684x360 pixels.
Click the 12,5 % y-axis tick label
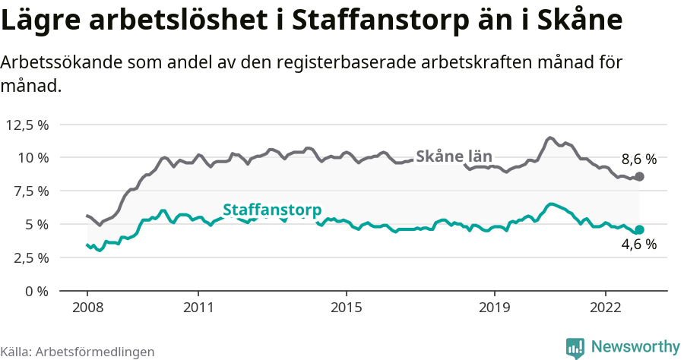(x=27, y=125)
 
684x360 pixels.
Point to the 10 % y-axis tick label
(x=32, y=158)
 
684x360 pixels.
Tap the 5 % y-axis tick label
(x=36, y=225)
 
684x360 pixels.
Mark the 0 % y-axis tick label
(x=36, y=291)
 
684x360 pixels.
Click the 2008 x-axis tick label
(x=87, y=309)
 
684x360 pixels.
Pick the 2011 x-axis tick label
(x=198, y=309)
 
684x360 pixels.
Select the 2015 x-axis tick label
(x=346, y=309)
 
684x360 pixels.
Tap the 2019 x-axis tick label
(x=494, y=309)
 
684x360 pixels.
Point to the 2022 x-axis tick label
(x=605, y=309)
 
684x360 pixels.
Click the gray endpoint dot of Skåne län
(x=639, y=176)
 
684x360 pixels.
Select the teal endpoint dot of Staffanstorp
(x=639, y=229)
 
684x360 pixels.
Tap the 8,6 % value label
(x=638, y=159)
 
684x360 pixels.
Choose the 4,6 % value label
(x=638, y=245)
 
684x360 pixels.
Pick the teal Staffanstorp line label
(x=272, y=210)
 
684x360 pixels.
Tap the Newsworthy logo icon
(x=575, y=348)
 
